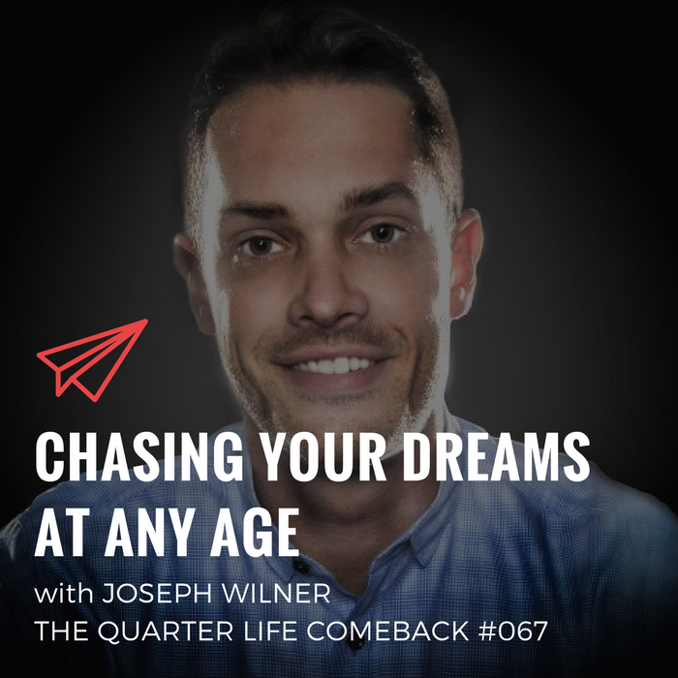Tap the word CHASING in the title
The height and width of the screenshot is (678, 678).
[139, 456]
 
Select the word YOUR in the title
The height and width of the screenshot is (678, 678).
[324, 456]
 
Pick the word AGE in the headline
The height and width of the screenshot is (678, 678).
[255, 532]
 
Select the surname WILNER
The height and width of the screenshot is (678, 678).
[276, 594]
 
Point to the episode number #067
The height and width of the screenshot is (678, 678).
[512, 632]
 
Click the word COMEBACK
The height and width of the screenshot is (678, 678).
[387, 632]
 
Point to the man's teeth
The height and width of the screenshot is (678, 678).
[334, 365]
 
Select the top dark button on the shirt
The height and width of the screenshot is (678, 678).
[299, 565]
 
